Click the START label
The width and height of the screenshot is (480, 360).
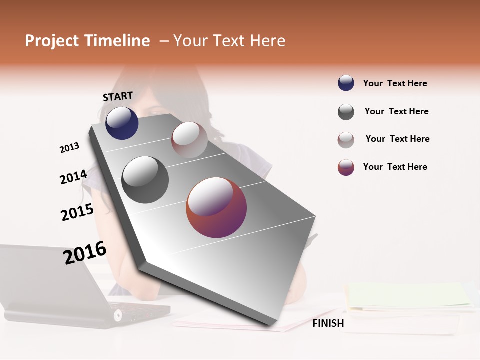pos(118,96)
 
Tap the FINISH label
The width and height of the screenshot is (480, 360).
pos(328,323)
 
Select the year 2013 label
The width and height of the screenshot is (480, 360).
pos(69,148)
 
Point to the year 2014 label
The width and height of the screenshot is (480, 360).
pos(73,177)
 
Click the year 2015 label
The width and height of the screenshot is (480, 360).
pos(77,212)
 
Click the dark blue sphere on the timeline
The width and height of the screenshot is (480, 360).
pos(122,123)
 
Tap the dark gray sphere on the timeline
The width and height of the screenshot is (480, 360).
pos(145,180)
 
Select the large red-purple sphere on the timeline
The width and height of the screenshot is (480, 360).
pos(216,207)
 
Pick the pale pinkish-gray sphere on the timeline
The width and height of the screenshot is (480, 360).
pos(189,140)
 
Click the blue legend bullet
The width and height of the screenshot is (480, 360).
pos(346,83)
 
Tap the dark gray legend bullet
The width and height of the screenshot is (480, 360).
pos(346,112)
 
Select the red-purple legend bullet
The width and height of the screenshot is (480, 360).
pos(346,167)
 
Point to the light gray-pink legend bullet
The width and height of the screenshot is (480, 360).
pos(346,140)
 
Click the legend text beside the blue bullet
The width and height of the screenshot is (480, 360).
pos(395,83)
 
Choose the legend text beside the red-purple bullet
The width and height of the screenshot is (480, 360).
pos(395,167)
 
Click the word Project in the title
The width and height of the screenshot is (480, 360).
pos(51,41)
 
